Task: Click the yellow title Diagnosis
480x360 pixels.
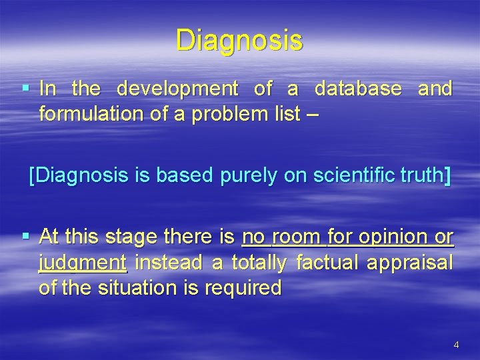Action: [239, 40]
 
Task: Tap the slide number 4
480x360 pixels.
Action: [456, 345]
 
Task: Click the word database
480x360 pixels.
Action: [358, 89]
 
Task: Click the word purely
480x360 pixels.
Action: [241, 177]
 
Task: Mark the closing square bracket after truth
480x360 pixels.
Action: [447, 177]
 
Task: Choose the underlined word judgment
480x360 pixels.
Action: [83, 263]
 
